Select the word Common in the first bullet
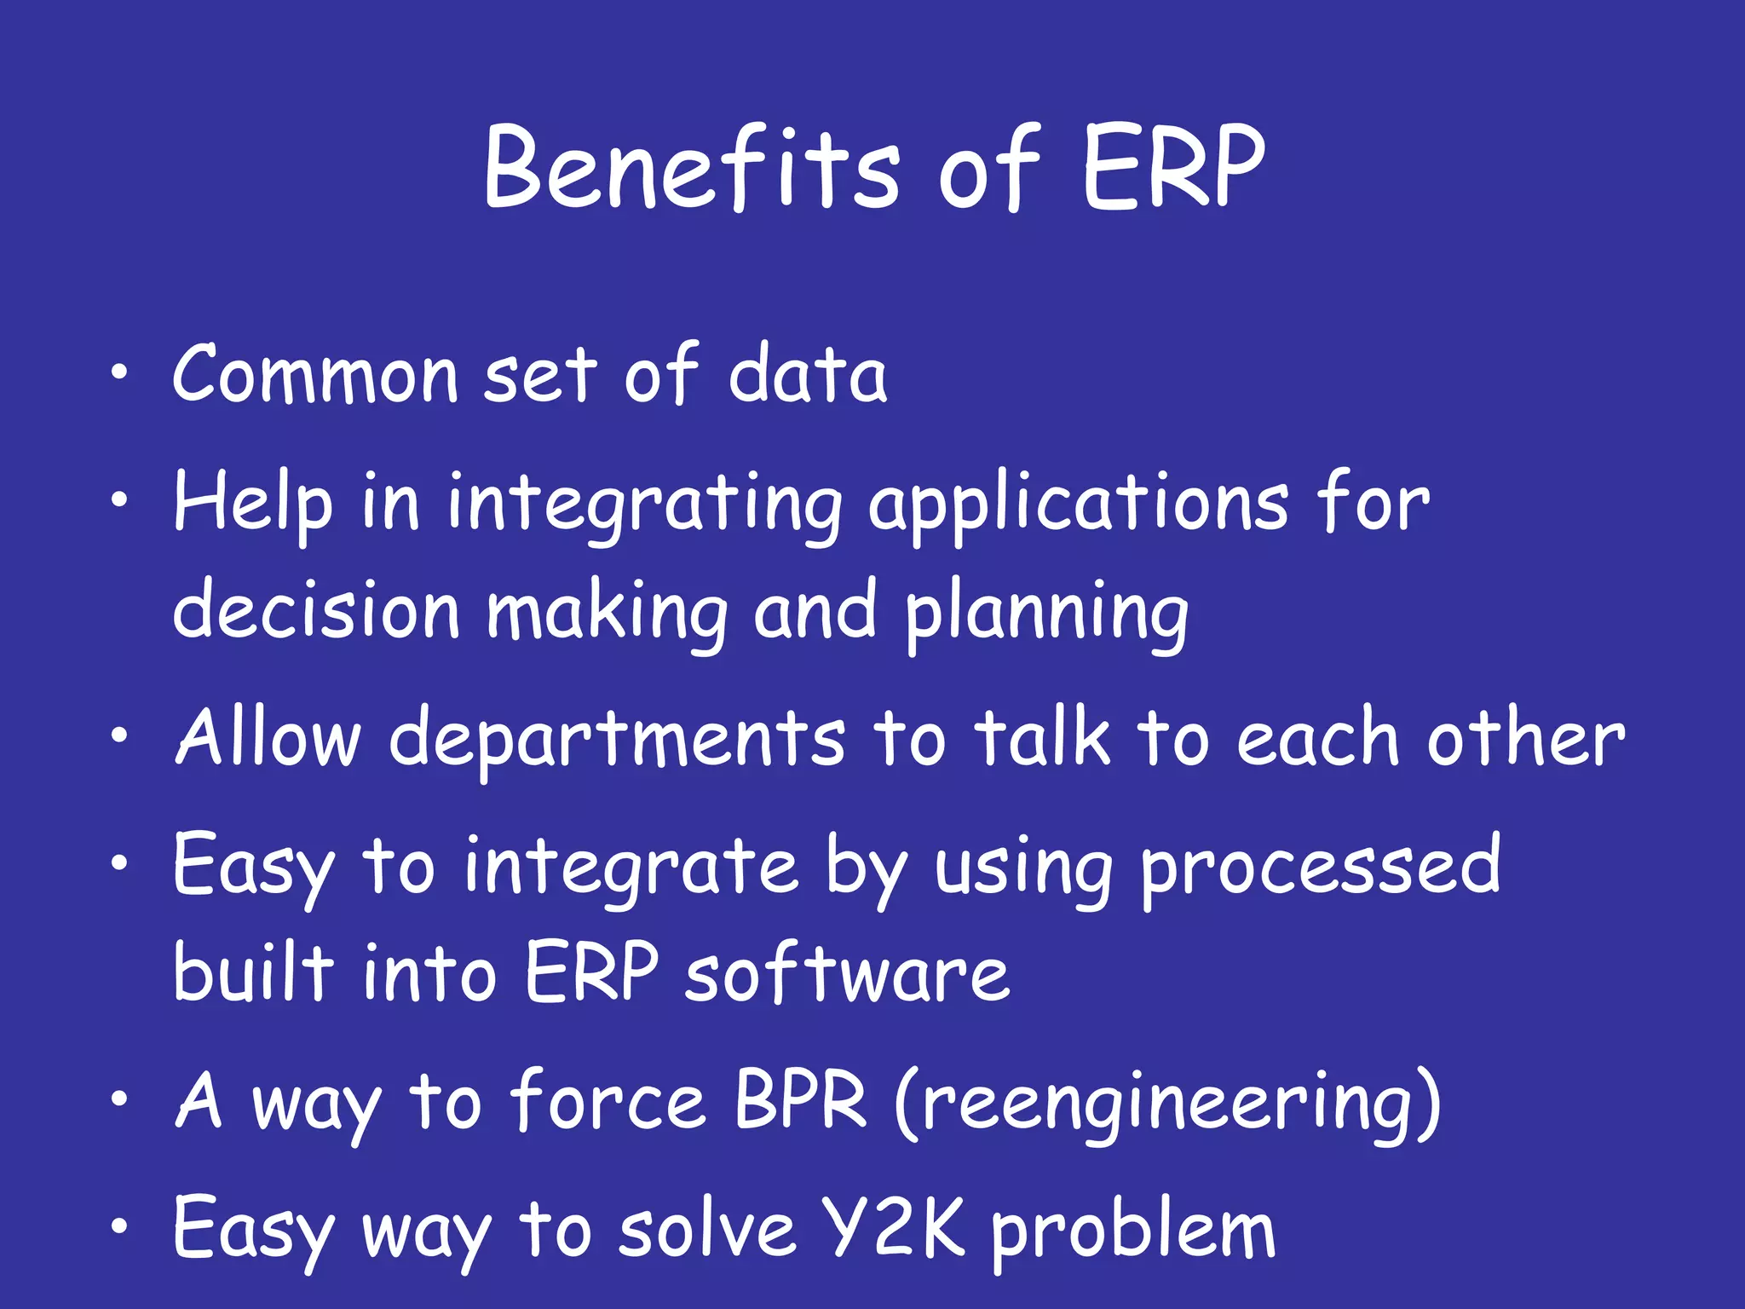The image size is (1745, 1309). click(315, 375)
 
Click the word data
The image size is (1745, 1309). click(807, 375)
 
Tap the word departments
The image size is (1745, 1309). click(617, 738)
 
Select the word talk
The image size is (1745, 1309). click(1042, 736)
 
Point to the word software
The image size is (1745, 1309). click(847, 973)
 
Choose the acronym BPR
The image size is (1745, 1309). click(800, 1101)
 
